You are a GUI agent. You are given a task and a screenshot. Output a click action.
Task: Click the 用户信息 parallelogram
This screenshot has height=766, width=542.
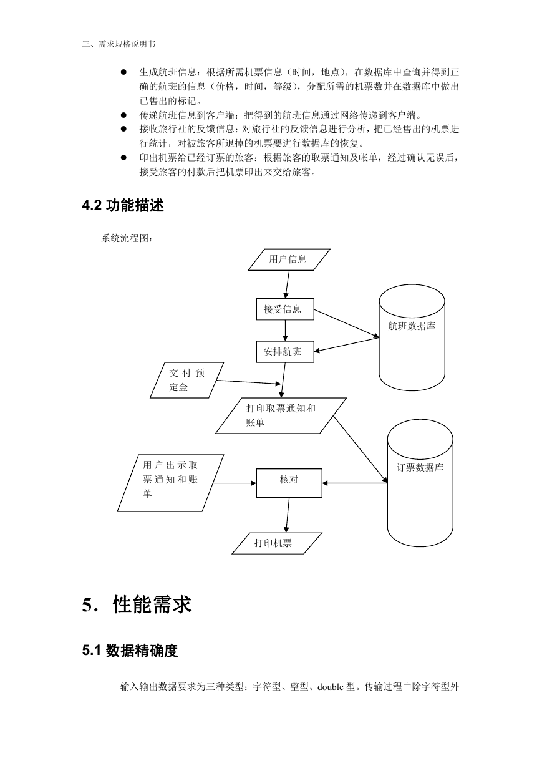[289, 259]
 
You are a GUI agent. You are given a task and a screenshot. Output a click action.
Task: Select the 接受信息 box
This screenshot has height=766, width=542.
[285, 309]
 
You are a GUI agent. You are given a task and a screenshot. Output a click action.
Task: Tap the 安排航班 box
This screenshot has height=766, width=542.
[285, 352]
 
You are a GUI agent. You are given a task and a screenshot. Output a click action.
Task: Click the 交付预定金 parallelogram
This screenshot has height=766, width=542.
[186, 380]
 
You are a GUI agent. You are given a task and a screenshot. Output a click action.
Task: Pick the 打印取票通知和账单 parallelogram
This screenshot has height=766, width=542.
[281, 415]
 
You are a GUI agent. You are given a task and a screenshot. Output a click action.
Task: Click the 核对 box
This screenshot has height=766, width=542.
[289, 483]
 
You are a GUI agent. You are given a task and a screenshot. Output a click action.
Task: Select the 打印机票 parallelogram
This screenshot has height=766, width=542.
[277, 543]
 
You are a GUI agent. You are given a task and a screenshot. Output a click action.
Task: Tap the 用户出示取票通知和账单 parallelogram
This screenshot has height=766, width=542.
[170, 483]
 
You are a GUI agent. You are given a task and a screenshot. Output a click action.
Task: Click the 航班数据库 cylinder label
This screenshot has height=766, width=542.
[412, 326]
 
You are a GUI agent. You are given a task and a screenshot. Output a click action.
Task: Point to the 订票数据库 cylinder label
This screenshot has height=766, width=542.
[420, 467]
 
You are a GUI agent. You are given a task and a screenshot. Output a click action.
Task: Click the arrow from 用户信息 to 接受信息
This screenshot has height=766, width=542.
[288, 284]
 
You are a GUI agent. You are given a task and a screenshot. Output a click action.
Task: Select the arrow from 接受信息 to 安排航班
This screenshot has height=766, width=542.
[285, 331]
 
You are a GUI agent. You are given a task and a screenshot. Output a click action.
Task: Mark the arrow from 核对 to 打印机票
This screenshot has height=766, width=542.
[288, 515]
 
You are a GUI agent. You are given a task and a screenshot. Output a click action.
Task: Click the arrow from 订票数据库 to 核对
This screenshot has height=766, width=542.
[355, 483]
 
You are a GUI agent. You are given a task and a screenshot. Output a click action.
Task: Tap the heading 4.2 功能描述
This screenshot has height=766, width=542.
[123, 205]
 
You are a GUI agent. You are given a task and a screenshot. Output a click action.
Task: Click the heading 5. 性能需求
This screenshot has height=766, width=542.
[137, 604]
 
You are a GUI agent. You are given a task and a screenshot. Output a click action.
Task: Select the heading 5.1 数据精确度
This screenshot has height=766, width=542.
[130, 651]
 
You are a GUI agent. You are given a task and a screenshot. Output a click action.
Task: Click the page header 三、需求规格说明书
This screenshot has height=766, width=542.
[119, 44]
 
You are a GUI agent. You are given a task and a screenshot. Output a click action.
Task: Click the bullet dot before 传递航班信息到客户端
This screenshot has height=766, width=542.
[123, 115]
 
